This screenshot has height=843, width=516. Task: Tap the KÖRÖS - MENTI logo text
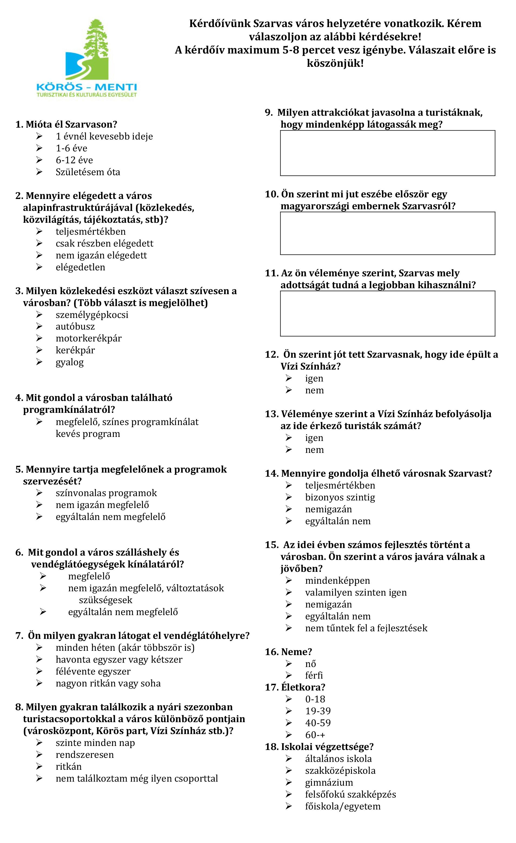tap(87, 86)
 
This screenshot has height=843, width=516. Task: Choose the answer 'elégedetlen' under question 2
tap(80, 267)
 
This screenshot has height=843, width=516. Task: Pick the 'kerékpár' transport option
tap(75, 350)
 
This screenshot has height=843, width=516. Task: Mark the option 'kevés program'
tap(88, 434)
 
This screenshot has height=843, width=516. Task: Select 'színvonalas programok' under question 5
tap(106, 493)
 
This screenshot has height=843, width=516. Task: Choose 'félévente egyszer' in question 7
tap(93, 672)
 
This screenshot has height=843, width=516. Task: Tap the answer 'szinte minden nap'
tap(95, 743)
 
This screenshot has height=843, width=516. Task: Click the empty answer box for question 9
tap(387, 153)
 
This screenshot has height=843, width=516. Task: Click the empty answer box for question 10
tap(387, 233)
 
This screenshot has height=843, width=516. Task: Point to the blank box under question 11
tap(387, 313)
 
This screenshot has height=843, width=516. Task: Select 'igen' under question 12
tap(314, 379)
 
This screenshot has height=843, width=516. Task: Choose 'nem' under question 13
tap(314, 450)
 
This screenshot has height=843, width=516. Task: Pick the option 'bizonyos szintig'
tap(340, 497)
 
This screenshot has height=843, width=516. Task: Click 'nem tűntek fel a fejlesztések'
tap(366, 628)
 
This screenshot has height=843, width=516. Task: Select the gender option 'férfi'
tap(314, 675)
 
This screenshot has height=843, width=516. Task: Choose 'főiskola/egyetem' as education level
tap(343, 807)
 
